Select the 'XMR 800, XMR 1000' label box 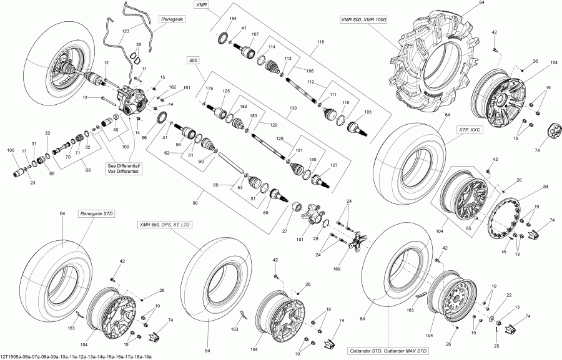(x=363, y=21)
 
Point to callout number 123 (x=126, y=31)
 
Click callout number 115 (x=321, y=42)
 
